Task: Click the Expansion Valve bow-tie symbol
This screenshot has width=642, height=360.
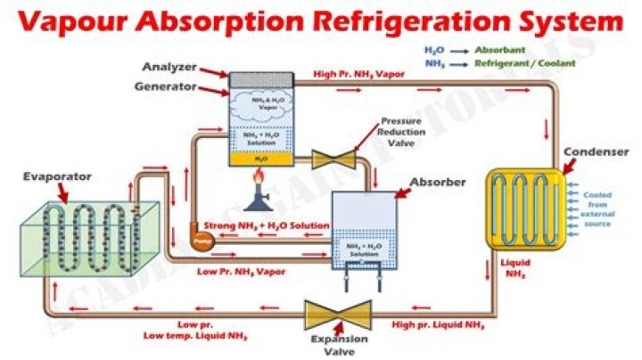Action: point(338,314)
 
